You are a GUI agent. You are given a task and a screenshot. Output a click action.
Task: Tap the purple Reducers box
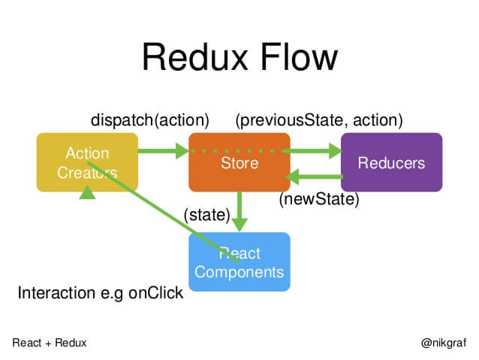(x=391, y=162)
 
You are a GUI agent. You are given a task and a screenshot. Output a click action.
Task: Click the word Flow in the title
(x=298, y=59)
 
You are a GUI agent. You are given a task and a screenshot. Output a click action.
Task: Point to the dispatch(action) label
(x=149, y=119)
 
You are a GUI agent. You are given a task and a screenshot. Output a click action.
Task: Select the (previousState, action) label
(x=319, y=119)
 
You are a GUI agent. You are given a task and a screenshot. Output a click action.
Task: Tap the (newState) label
(x=319, y=200)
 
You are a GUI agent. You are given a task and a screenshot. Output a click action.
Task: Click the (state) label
(x=206, y=215)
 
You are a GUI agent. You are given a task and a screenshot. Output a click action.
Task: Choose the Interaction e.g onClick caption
(x=100, y=292)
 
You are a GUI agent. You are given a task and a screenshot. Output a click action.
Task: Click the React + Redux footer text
(x=50, y=342)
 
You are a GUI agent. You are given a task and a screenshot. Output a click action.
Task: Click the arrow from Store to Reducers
(x=315, y=151)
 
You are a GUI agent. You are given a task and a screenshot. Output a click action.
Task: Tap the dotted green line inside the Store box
(x=239, y=151)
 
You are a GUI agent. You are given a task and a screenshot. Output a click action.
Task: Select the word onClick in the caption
(x=155, y=292)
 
